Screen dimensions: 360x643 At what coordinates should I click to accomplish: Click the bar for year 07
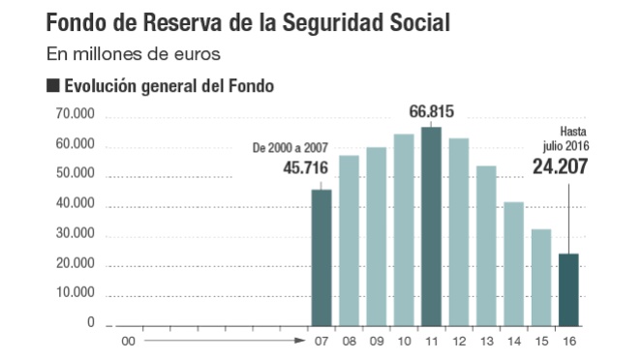tap(321, 257)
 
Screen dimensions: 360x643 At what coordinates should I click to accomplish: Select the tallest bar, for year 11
tap(431, 226)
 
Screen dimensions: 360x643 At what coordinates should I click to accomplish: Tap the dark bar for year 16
tap(569, 289)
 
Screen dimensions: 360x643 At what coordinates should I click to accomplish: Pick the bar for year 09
tap(377, 236)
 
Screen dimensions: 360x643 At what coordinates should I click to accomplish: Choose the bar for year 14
tap(514, 263)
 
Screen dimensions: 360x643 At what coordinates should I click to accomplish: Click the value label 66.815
tap(432, 110)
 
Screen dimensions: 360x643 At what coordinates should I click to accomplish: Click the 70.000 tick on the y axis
tap(77, 114)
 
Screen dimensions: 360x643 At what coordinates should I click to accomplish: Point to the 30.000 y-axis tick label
tap(77, 234)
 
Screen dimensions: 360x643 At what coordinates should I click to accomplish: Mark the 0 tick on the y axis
tap(91, 323)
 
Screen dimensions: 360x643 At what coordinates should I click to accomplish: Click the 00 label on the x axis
tap(126, 340)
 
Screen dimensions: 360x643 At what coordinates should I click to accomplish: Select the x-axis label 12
tap(459, 340)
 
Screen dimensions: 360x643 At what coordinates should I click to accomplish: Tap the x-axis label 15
tap(542, 340)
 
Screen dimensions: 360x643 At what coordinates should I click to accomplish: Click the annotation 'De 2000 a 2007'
tap(291, 148)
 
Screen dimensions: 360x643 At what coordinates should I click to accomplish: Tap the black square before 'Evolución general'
tap(52, 86)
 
